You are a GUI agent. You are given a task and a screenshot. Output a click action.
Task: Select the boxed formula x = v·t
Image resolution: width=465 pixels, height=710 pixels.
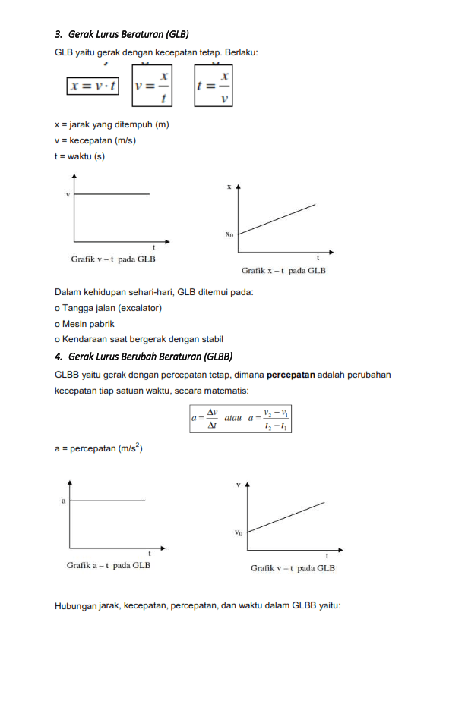click(x=93, y=86)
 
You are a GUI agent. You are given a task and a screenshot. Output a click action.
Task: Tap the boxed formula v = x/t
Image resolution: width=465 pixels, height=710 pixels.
click(x=152, y=85)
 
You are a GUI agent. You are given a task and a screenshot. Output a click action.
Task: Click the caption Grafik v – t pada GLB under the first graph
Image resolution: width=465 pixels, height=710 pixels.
click(x=113, y=259)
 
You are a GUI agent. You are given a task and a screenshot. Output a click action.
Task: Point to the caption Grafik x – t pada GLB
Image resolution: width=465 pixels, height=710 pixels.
click(x=283, y=270)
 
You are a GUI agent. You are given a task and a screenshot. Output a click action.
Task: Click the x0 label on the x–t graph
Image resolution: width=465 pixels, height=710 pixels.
click(x=229, y=234)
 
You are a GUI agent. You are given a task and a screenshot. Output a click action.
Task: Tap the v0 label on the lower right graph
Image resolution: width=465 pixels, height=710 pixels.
click(x=239, y=532)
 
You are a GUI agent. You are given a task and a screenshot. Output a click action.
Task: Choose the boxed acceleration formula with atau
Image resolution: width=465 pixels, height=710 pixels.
click(x=241, y=419)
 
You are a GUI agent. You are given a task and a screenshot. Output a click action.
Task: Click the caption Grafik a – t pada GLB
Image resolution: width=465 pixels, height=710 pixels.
click(x=109, y=565)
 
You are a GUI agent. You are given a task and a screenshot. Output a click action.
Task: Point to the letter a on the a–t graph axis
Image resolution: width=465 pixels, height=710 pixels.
click(x=62, y=501)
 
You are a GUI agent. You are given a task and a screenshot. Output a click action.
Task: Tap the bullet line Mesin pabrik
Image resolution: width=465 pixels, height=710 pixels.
click(x=84, y=324)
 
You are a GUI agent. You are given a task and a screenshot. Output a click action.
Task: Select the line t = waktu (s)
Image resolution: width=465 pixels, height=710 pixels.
click(x=80, y=156)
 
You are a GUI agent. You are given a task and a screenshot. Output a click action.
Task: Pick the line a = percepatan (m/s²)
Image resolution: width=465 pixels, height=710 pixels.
click(x=99, y=448)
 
